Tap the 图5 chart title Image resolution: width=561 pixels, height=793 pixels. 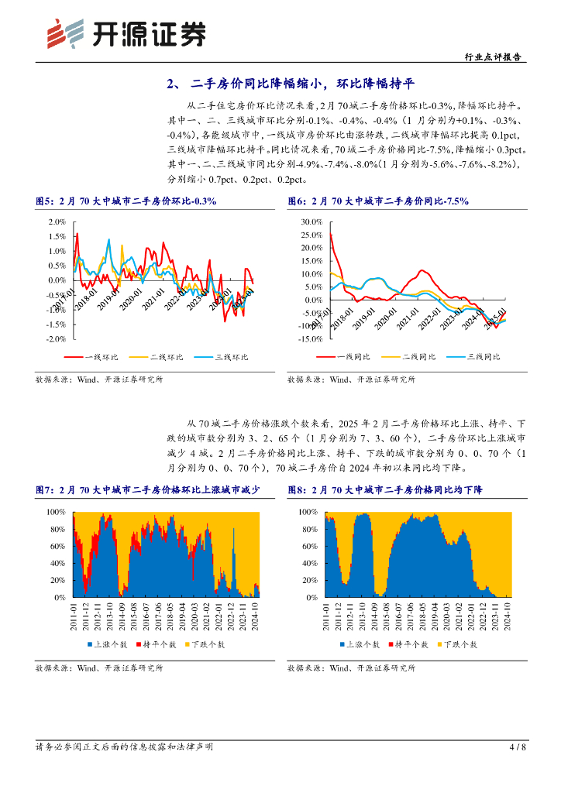[x=126, y=201]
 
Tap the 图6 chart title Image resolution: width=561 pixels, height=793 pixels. [x=378, y=201]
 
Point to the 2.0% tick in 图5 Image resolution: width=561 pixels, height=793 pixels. [x=56, y=221]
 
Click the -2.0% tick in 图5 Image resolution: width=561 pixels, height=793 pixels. [x=54, y=339]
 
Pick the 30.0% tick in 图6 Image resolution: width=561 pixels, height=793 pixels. [x=310, y=221]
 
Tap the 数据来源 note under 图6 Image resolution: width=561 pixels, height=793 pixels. [x=351, y=379]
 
